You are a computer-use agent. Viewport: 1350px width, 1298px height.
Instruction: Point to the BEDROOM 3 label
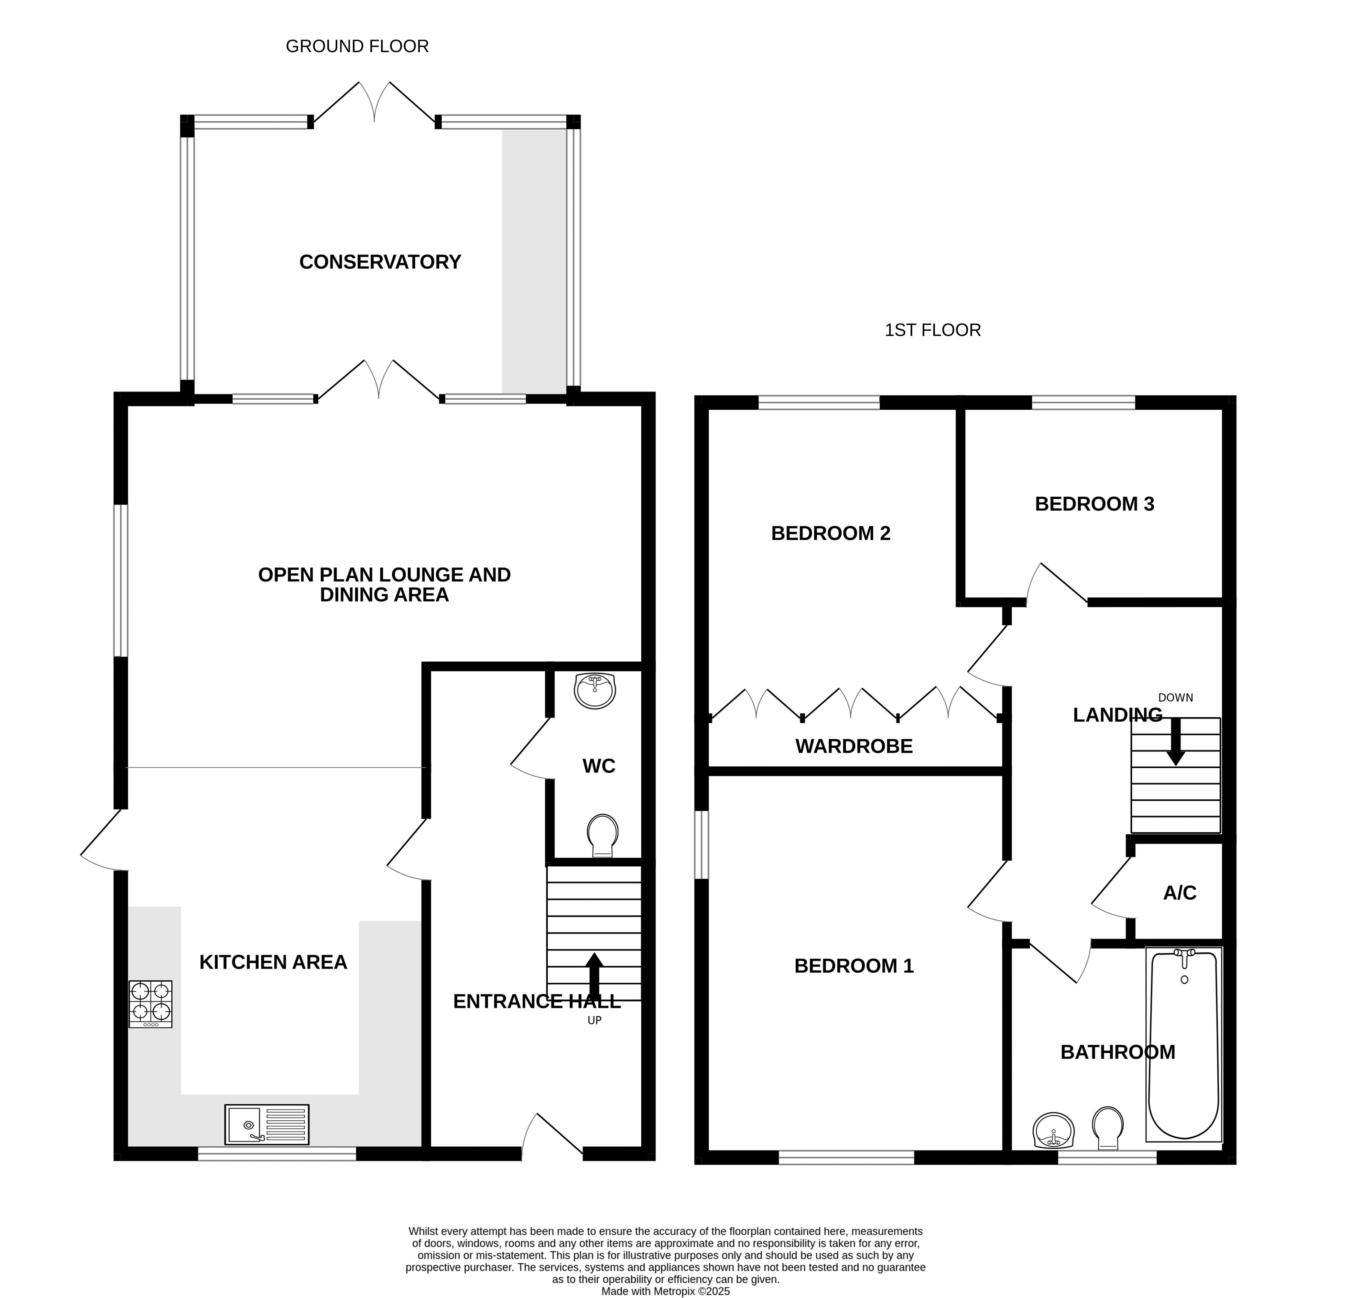pyautogui.click(x=1095, y=504)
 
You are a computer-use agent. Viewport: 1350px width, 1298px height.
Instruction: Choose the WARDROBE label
pyautogui.click(x=854, y=746)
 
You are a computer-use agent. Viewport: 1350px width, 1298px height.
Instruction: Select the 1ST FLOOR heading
pyautogui.click(x=933, y=330)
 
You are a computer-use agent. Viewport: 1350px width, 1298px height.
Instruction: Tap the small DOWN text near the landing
pyautogui.click(x=1176, y=698)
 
